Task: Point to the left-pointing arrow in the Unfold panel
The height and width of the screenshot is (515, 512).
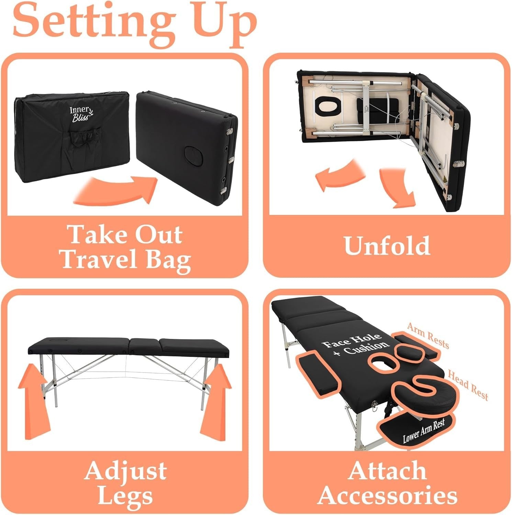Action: (338, 175)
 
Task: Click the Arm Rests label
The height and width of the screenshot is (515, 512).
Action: (428, 335)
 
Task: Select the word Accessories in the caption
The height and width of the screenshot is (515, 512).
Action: (388, 495)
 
